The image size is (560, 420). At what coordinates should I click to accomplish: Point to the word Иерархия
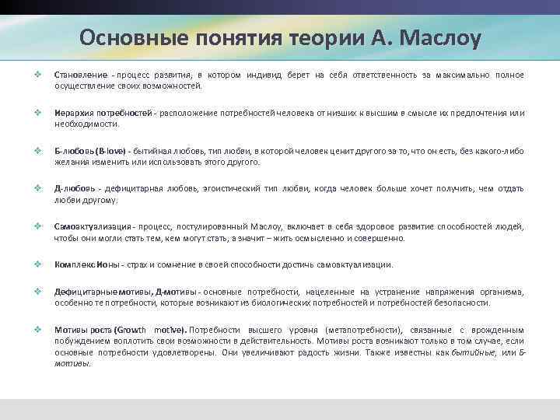click(x=71, y=114)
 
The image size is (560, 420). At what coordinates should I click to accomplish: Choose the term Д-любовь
click(x=74, y=188)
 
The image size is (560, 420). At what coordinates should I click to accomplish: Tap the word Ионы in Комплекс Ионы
click(x=107, y=265)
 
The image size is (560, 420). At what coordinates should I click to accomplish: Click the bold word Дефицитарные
click(x=81, y=292)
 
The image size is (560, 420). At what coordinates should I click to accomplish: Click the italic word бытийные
click(x=479, y=352)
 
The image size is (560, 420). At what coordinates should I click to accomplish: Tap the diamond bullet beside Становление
click(x=37, y=75)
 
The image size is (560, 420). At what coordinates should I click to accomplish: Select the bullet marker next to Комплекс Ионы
click(x=37, y=264)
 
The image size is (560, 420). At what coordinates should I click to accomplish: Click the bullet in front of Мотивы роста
click(x=37, y=330)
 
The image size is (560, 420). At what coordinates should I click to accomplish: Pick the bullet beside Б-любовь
click(x=37, y=150)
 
